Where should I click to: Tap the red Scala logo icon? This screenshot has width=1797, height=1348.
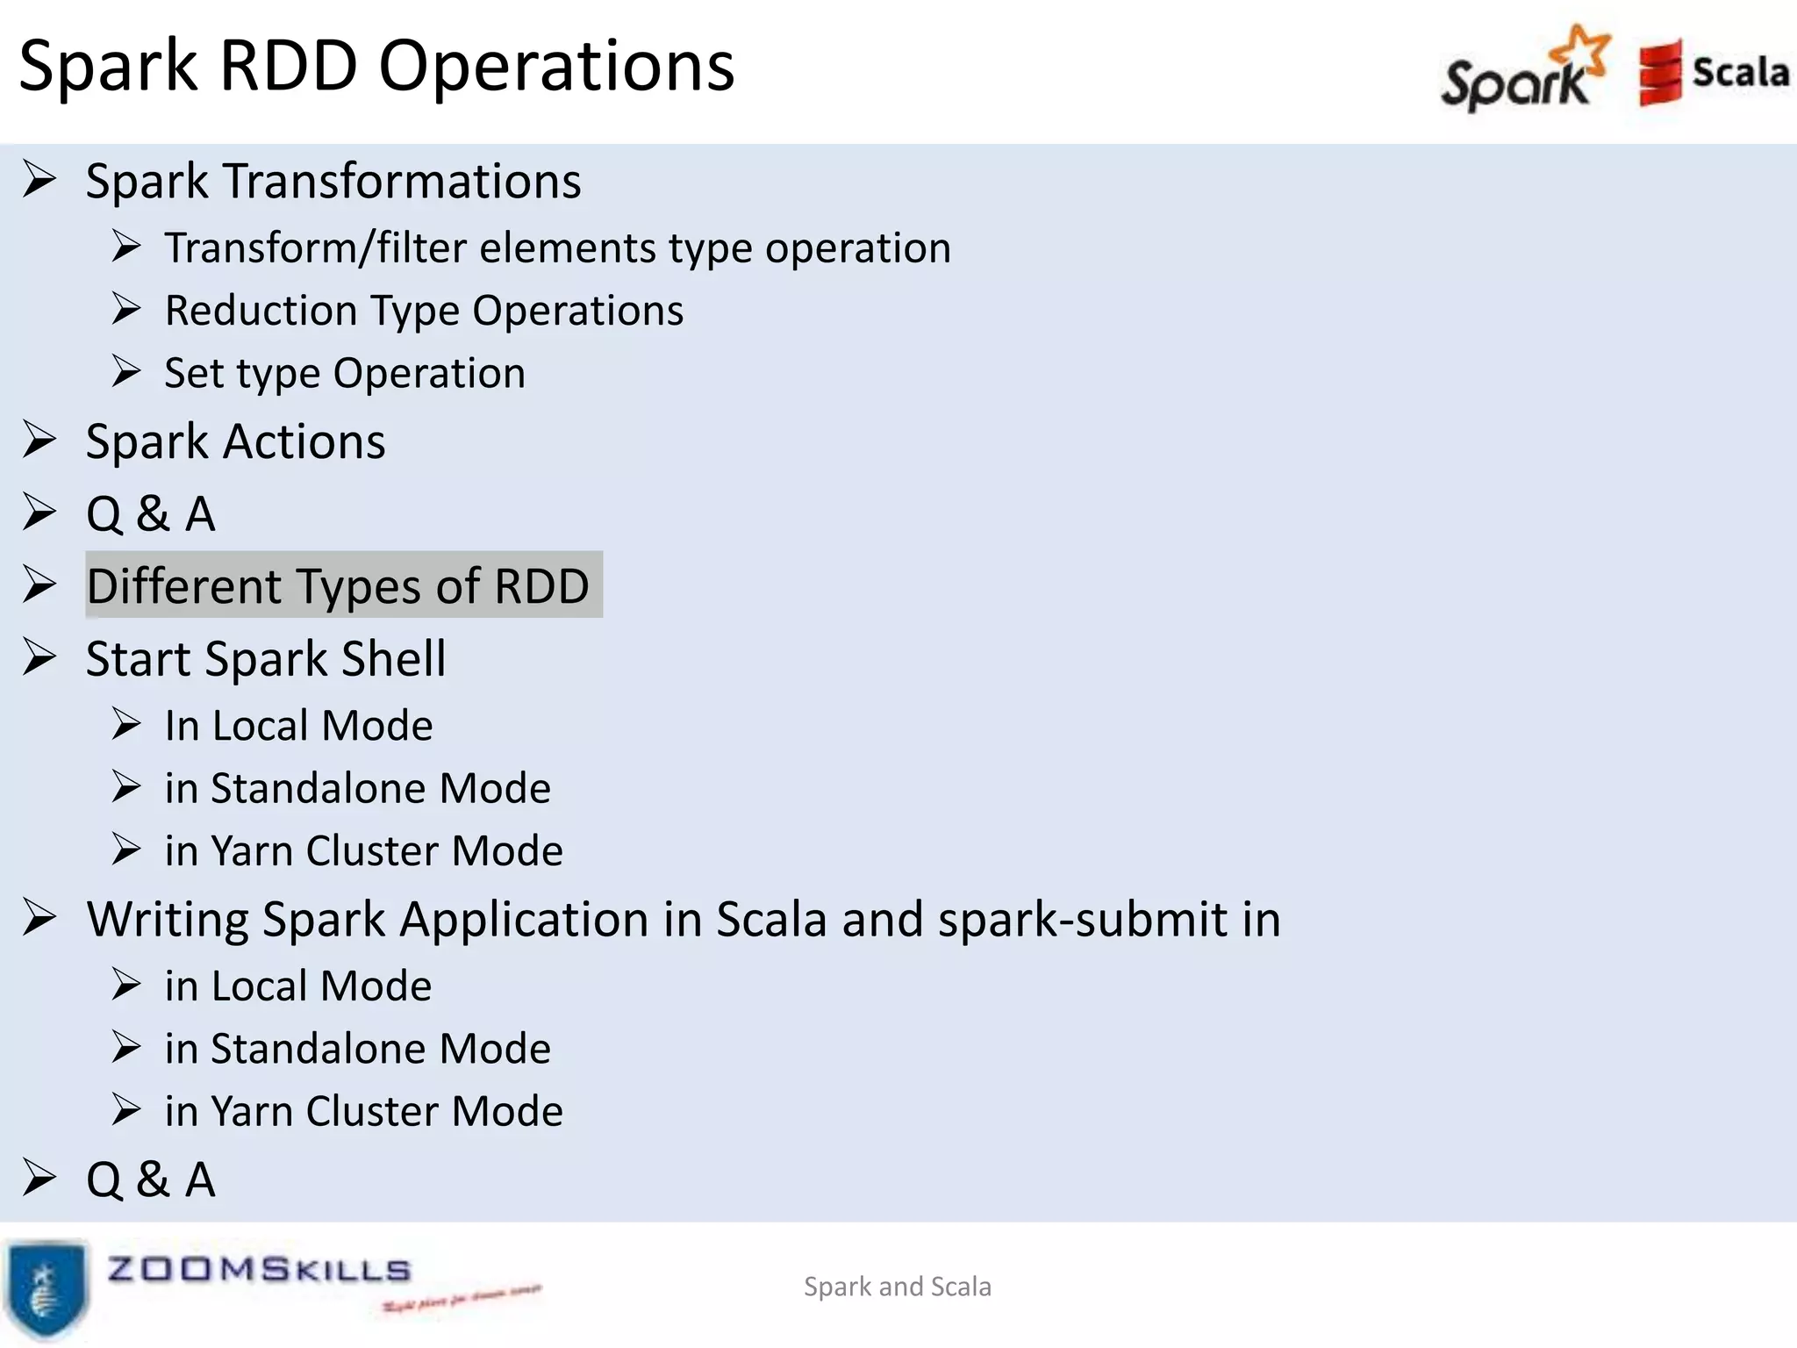click(x=1659, y=72)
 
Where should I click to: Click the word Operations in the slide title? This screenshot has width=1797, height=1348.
click(x=556, y=66)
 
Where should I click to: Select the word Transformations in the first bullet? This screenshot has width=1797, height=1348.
click(x=402, y=182)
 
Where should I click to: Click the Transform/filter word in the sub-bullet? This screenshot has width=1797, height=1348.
click(x=315, y=248)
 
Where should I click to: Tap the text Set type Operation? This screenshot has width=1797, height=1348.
click(x=345, y=374)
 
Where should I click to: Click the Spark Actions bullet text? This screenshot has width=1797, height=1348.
click(x=235, y=441)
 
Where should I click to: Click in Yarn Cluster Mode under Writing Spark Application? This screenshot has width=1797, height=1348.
click(x=363, y=1112)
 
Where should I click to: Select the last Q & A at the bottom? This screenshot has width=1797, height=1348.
click(x=150, y=1179)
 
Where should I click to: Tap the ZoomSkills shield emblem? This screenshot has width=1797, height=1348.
click(x=46, y=1287)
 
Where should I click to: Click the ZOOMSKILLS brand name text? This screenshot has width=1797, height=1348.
click(x=259, y=1270)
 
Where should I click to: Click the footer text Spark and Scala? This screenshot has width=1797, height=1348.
click(x=897, y=1287)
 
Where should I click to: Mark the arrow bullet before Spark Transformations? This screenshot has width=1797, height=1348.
click(x=39, y=180)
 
